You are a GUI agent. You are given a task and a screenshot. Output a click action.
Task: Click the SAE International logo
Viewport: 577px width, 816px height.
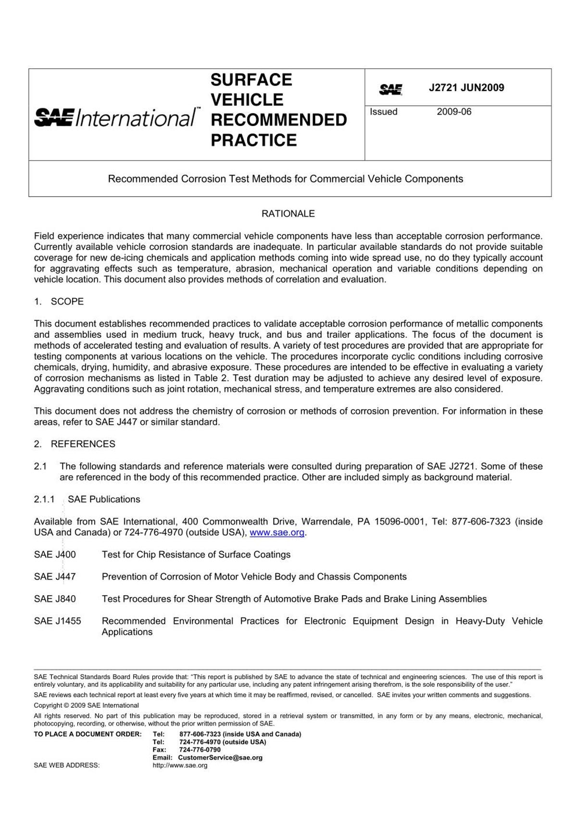coord(115,117)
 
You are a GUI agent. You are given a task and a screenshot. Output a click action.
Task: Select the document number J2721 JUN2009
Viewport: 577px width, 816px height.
coord(466,88)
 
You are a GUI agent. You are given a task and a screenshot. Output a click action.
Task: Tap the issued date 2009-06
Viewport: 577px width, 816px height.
coord(454,112)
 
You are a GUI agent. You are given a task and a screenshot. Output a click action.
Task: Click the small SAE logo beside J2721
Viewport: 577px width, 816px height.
coord(390,89)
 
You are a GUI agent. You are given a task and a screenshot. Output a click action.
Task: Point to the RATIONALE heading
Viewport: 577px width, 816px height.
coord(288,213)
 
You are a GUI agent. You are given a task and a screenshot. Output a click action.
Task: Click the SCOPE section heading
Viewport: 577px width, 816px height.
coord(67,301)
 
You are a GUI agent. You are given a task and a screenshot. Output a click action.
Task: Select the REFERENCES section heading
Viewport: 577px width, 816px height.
coord(83,444)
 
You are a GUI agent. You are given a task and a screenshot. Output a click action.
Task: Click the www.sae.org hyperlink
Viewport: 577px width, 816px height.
coord(277,532)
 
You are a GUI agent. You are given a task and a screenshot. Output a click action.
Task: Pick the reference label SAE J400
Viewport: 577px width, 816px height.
coord(55,554)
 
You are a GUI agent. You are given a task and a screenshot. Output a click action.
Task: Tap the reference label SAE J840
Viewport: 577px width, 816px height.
coord(55,599)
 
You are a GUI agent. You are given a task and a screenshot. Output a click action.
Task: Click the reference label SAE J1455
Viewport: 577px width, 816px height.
coord(57,621)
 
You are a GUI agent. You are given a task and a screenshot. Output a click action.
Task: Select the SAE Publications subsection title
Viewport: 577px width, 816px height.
coord(104,499)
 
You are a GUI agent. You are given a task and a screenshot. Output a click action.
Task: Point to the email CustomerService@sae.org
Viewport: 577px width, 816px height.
coord(220,757)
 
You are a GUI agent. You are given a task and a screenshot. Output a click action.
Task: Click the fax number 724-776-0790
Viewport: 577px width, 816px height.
coord(200,750)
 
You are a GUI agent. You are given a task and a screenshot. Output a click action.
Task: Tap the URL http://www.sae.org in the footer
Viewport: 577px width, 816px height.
coord(180,765)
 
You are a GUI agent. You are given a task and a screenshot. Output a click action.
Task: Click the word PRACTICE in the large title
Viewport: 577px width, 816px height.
coord(253,140)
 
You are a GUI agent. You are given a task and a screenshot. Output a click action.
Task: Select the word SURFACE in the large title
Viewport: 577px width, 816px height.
coord(251,80)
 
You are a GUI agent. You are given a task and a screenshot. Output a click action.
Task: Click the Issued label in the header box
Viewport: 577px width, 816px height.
coord(383,112)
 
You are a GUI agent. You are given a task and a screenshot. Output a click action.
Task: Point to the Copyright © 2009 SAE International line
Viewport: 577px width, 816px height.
coord(86,705)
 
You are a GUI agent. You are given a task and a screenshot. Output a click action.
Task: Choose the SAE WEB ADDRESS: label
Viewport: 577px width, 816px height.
coord(66,765)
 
